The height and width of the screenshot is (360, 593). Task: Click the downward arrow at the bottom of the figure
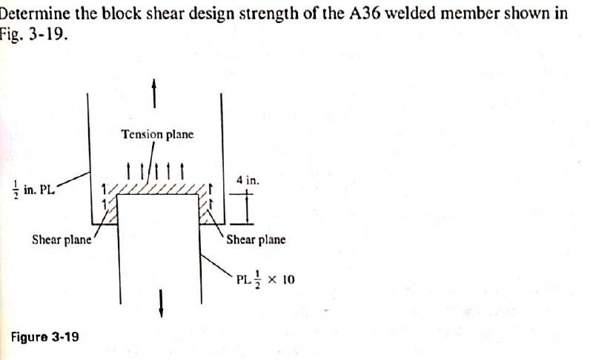coord(161,301)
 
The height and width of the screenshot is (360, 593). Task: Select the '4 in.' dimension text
coord(248,180)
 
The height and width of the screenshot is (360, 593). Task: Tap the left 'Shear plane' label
coord(62,239)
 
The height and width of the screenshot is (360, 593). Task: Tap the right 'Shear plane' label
coord(255,239)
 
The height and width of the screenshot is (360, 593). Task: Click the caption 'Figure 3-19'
coord(44,336)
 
